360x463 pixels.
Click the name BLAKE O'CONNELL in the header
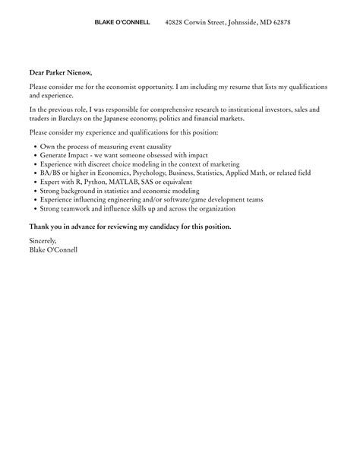pyautogui.click(x=122, y=23)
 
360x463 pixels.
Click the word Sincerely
pyautogui.click(x=43, y=241)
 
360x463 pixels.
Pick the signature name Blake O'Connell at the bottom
pyautogui.click(x=53, y=249)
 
